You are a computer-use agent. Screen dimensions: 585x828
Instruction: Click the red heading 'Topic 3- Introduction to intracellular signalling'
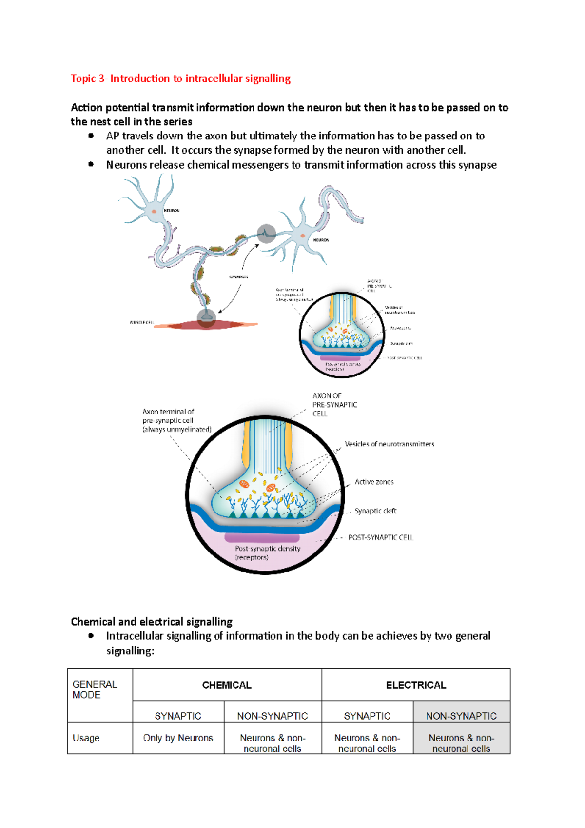tap(180, 79)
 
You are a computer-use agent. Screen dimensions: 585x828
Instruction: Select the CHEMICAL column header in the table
tap(227, 685)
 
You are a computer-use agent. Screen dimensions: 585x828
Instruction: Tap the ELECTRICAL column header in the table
tap(416, 685)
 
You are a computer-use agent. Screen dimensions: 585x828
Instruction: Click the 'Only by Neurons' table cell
tap(178, 738)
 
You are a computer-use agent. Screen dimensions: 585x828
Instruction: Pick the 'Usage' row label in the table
tap(86, 738)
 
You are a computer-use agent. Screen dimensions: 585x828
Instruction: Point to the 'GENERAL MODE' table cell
tap(95, 690)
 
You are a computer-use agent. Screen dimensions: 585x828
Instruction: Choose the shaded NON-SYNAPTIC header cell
tap(461, 716)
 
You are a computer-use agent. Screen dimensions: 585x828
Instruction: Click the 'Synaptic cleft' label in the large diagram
tap(375, 511)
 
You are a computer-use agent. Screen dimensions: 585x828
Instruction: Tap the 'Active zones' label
tap(374, 482)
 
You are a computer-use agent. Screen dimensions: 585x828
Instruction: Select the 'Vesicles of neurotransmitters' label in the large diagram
tap(389, 444)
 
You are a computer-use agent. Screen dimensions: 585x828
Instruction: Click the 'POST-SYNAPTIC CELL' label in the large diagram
tap(380, 537)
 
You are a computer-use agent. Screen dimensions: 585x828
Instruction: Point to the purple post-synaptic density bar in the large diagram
tap(262, 538)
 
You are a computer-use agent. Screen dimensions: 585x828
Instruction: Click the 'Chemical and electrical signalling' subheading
tap(152, 622)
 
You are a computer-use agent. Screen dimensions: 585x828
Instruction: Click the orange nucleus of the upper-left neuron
tap(154, 211)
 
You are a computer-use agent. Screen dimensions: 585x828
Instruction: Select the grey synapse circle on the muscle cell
tap(206, 317)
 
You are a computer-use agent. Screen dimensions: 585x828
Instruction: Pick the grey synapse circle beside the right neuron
tap(266, 234)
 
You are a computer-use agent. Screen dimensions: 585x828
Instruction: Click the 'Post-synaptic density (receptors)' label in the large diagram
tap(267, 553)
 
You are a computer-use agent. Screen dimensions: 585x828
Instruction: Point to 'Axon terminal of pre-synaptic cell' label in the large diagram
tap(176, 420)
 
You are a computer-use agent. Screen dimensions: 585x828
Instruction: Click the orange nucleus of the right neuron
tap(303, 236)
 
